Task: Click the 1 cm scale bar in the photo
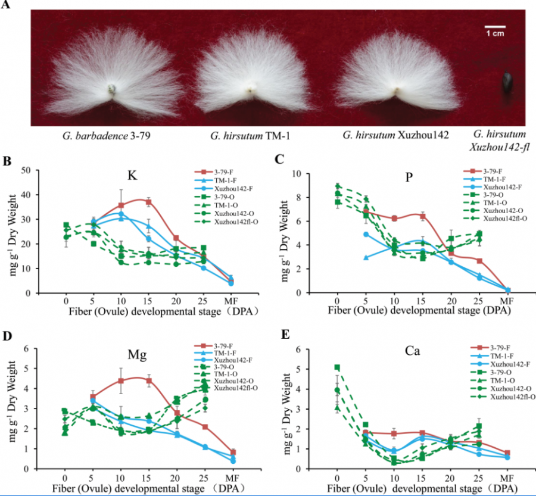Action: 494,27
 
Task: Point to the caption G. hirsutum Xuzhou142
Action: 395,135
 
